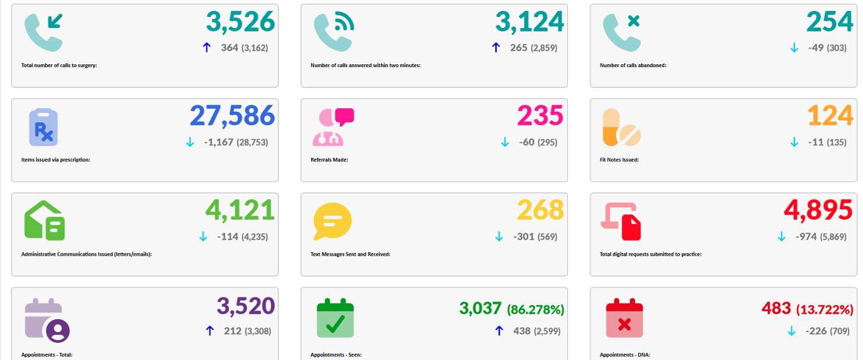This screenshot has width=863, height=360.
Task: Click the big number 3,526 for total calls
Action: click(241, 22)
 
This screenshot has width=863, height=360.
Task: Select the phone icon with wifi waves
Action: click(334, 32)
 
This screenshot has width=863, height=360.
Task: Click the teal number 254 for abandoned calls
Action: click(830, 21)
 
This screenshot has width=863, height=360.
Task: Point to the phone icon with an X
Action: click(622, 32)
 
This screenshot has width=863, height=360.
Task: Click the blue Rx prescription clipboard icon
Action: click(44, 127)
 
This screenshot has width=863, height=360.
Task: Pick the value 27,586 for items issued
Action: click(232, 116)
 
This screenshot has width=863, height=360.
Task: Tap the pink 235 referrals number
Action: click(540, 116)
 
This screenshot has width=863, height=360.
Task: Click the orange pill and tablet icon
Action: click(621, 127)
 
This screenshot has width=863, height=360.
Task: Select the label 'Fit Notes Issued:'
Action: click(619, 159)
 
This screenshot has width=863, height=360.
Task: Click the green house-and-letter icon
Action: click(44, 221)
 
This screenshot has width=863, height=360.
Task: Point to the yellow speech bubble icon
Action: click(332, 221)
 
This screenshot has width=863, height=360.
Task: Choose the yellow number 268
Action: click(540, 210)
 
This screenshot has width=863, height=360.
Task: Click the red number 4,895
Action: click(818, 210)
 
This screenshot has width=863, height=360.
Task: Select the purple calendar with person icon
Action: click(47, 320)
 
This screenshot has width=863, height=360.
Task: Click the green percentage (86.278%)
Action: click(536, 310)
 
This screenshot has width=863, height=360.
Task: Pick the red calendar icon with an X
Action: click(625, 318)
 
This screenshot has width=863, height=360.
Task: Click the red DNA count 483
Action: click(776, 308)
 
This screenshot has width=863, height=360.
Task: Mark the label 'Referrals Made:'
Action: click(329, 159)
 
